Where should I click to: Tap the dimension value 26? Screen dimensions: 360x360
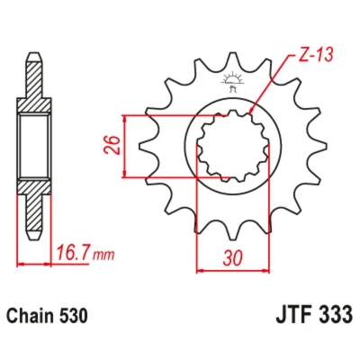tap(113, 145)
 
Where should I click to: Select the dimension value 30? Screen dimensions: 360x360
tap(232, 257)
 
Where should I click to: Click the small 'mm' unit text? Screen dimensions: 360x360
tap(103, 256)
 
